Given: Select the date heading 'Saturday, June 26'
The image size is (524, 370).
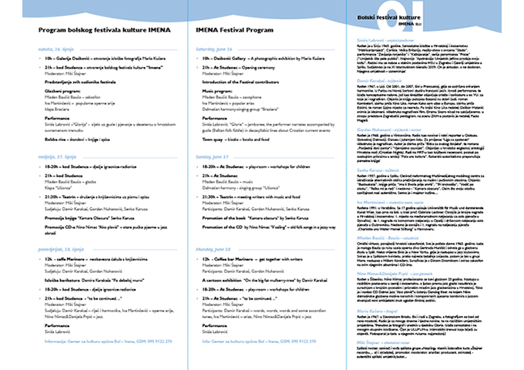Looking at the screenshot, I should coord(217,48).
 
